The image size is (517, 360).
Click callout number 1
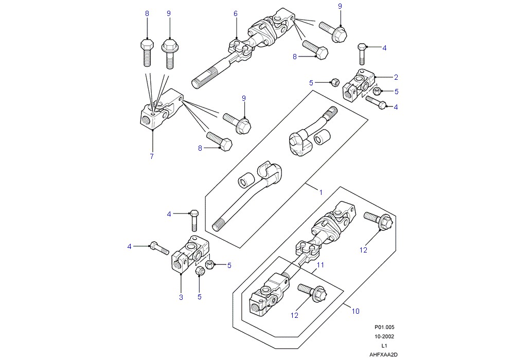click(x=321, y=192)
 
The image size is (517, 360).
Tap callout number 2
click(x=396, y=77)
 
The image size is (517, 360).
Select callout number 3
click(x=181, y=297)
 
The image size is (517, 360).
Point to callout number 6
click(x=236, y=13)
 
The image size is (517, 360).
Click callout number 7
click(x=152, y=156)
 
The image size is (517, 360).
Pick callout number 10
click(x=355, y=311)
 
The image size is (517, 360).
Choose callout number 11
click(x=320, y=265)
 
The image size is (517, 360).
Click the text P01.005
click(x=384, y=328)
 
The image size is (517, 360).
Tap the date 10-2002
click(x=384, y=336)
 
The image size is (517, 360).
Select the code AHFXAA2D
click(x=383, y=355)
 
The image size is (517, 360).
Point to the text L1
click(x=384, y=346)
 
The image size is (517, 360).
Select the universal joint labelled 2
click(x=359, y=84)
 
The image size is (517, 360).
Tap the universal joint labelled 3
click(x=190, y=254)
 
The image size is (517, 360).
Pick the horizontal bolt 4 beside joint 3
click(x=159, y=248)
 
